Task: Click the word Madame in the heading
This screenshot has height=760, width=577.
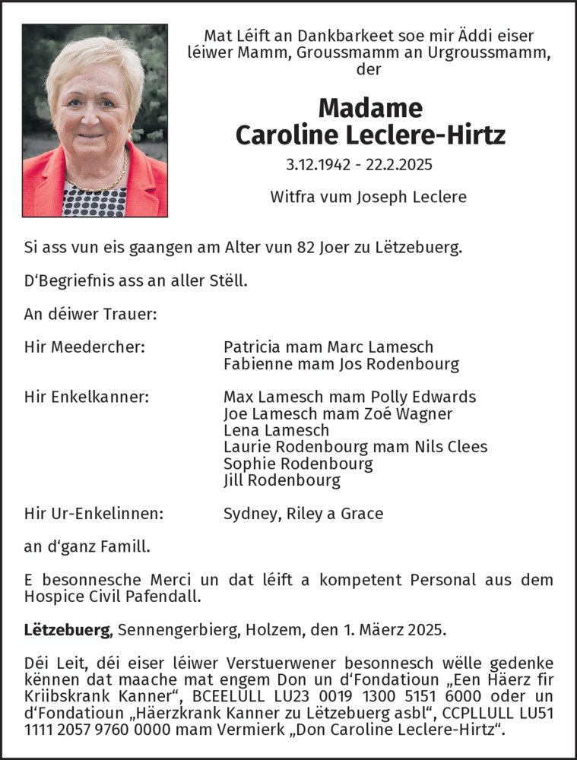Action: point(370,108)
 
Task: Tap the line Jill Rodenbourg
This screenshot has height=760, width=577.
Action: point(282,480)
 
